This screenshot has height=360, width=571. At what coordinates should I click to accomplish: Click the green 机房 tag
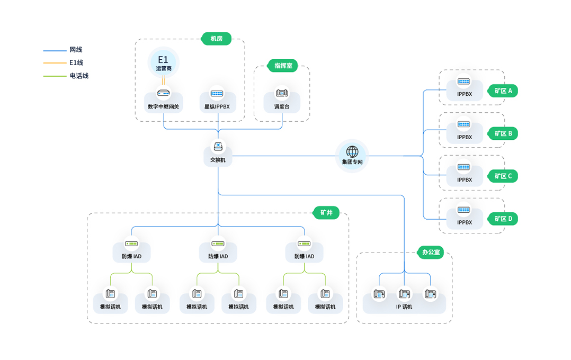coord(216,39)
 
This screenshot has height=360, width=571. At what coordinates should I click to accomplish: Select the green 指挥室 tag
coord(283,66)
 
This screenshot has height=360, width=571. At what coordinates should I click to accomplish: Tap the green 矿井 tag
coord(326,213)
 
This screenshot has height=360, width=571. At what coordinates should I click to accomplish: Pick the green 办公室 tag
coord(431,252)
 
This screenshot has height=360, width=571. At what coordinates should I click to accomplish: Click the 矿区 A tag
coord(503,91)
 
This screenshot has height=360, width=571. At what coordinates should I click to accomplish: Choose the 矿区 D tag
coord(503,219)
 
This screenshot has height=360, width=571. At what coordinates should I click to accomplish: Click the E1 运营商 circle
coord(164,62)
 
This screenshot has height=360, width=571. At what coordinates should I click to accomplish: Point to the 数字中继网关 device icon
coord(164,93)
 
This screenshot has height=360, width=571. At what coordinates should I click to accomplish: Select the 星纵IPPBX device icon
coord(217,94)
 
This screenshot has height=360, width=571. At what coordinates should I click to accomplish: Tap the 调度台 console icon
coord(282,93)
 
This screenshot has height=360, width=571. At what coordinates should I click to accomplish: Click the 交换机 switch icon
coord(218,146)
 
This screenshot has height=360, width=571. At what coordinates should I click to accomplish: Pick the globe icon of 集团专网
coord(352,151)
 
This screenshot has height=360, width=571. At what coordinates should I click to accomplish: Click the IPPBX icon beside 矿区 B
coord(463,124)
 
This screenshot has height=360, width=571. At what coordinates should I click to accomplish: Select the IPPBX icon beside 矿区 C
coord(463,167)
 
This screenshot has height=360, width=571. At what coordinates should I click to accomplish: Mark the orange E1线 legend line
coord(55,63)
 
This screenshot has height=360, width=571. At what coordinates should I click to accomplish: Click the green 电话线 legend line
coord(55,76)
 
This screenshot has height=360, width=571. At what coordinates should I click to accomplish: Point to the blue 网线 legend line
coord(55,51)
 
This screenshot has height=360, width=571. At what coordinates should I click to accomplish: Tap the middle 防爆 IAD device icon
coord(218,244)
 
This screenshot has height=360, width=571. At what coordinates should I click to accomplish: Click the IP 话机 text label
coord(404,307)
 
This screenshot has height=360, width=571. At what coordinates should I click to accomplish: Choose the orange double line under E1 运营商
coord(164,80)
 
